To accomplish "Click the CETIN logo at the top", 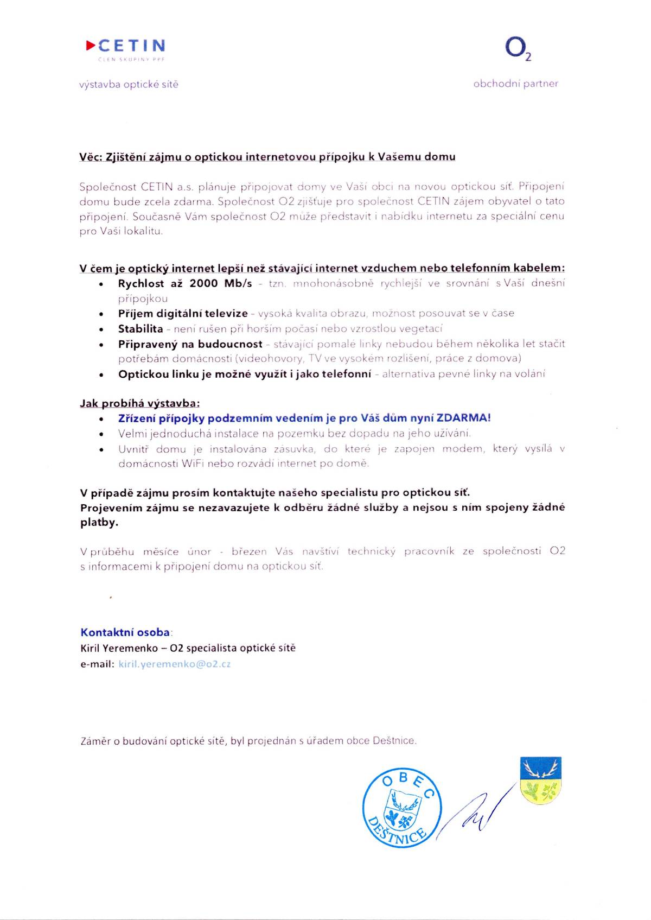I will tap(126, 47).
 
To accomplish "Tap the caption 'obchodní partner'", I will tap(515, 84).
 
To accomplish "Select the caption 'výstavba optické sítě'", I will tap(129, 85).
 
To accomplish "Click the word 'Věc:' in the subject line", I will tap(91, 157).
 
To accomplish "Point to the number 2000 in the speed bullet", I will tap(203, 283).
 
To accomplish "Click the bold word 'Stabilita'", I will tap(141, 328).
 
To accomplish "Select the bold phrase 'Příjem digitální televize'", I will tap(183, 313).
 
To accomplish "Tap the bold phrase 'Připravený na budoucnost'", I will tap(190, 344).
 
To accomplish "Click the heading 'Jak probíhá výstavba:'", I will tap(140, 403).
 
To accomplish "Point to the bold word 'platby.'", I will tap(99, 522).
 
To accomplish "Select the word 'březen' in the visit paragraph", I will tap(249, 551).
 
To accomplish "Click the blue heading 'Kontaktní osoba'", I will tap(125, 632).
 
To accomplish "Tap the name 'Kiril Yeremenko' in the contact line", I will tap(114, 648).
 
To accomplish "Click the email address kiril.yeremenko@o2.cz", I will tap(174, 664).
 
